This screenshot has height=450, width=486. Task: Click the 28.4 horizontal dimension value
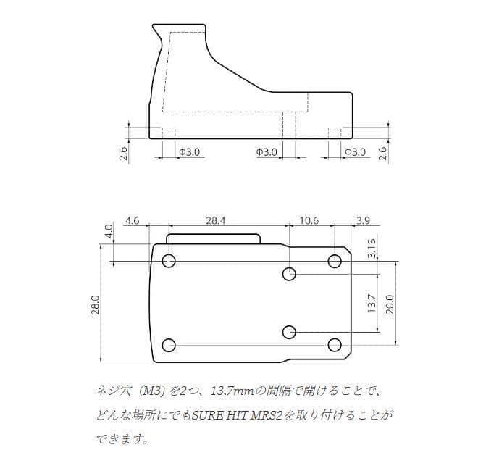[x=216, y=220]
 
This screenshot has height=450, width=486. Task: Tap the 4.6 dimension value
[x=132, y=220]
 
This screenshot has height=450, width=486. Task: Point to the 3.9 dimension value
[x=363, y=220]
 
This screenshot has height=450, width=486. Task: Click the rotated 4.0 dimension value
[x=109, y=231]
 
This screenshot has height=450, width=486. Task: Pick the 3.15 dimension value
[x=371, y=248]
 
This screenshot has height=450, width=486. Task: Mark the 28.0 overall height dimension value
[x=95, y=303]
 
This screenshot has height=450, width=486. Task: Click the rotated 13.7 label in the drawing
[x=371, y=303]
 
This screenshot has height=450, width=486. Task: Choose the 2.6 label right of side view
[x=382, y=153]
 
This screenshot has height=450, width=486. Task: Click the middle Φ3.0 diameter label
[x=267, y=152]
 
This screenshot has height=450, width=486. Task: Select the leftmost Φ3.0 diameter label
[x=190, y=152]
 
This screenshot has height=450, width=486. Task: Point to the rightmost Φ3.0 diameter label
[x=355, y=152]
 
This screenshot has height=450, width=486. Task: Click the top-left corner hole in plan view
[x=169, y=261]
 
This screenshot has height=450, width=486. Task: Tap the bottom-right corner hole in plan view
[x=335, y=345]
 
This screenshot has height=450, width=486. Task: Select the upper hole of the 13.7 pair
[x=289, y=274]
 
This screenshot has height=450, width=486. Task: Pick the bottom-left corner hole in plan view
[x=169, y=345]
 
